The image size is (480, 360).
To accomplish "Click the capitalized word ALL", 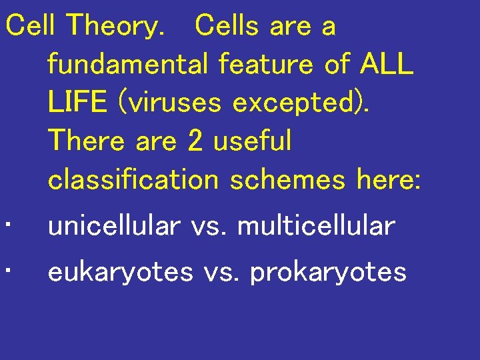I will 387,65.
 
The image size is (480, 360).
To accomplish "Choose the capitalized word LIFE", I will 77,103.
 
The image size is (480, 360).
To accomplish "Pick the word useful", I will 252,141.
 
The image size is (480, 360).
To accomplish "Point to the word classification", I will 133,179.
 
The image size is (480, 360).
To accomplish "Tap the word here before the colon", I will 387,179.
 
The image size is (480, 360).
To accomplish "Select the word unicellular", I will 114,227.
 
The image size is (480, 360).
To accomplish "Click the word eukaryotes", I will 121,273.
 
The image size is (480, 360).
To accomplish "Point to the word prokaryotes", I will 328,273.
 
